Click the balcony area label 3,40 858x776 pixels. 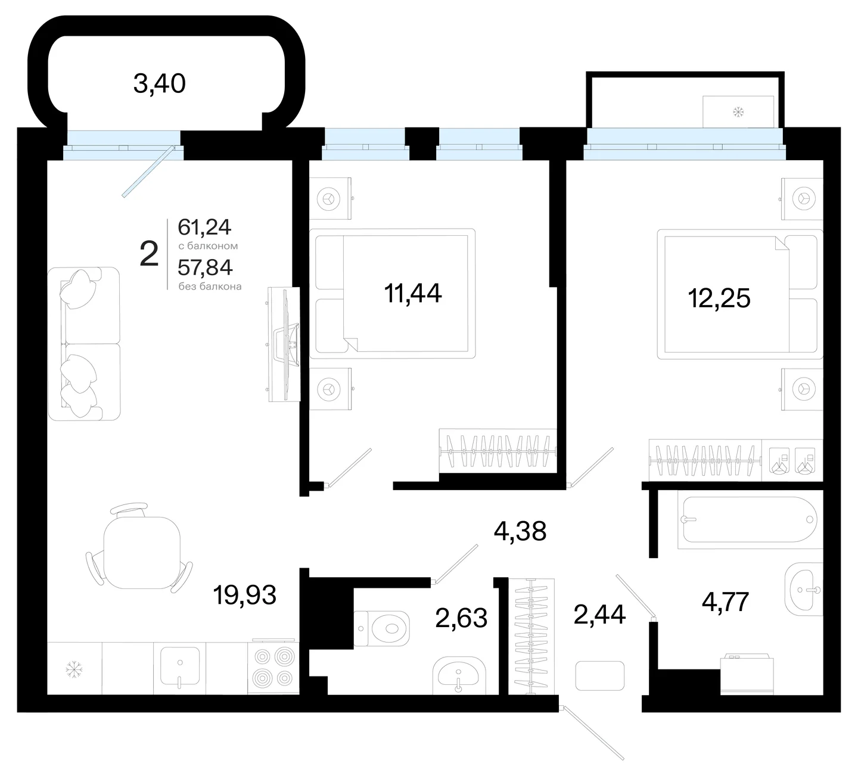(160, 84)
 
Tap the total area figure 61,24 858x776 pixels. (204, 227)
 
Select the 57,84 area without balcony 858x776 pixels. (205, 267)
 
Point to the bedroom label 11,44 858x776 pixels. (413, 294)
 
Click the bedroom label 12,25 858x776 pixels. (719, 298)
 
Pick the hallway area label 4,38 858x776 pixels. (520, 532)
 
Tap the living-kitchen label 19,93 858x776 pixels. (245, 595)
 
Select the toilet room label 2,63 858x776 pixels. (461, 618)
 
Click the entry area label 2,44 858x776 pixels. (599, 615)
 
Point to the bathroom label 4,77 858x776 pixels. (725, 602)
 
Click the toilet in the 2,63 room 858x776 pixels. (382, 628)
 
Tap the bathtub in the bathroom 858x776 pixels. (750, 520)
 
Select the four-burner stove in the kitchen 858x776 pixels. (272, 666)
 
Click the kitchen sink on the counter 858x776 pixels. (180, 666)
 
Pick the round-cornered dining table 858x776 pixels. (142, 553)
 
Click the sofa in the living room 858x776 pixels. (84, 344)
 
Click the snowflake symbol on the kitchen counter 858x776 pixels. (74, 669)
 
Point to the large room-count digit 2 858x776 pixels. (150, 254)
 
